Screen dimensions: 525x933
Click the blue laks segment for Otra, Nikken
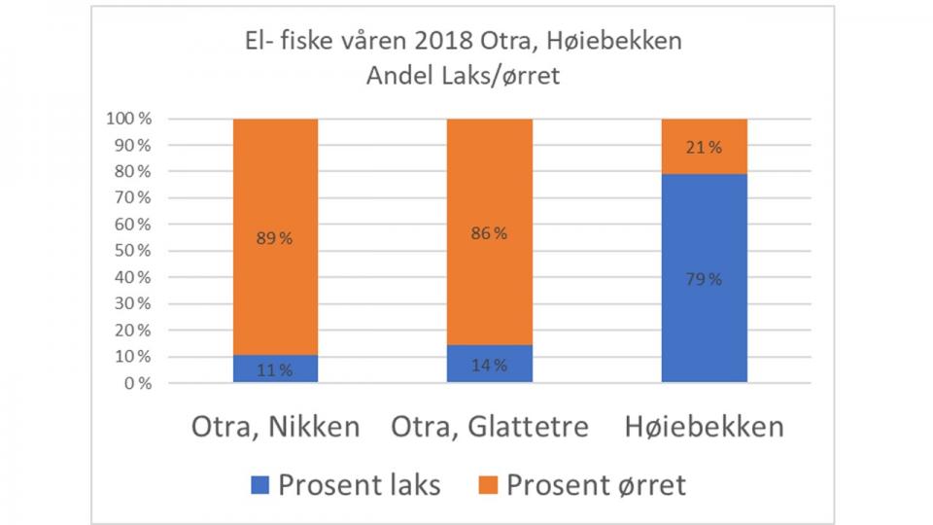[x=275, y=367]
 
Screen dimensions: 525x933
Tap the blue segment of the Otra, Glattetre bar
[x=490, y=364]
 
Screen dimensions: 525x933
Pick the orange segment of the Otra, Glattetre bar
[x=490, y=194]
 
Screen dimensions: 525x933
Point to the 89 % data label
[x=275, y=239]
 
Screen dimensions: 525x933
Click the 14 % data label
[x=490, y=366]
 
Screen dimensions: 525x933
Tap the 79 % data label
[x=704, y=280]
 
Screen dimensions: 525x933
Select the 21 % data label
[x=704, y=148]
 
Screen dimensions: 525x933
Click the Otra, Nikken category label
[x=275, y=427]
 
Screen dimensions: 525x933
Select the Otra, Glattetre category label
[x=490, y=427]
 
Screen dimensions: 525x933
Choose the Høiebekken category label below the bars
[x=704, y=427]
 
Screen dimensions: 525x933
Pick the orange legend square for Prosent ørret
[x=491, y=484]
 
